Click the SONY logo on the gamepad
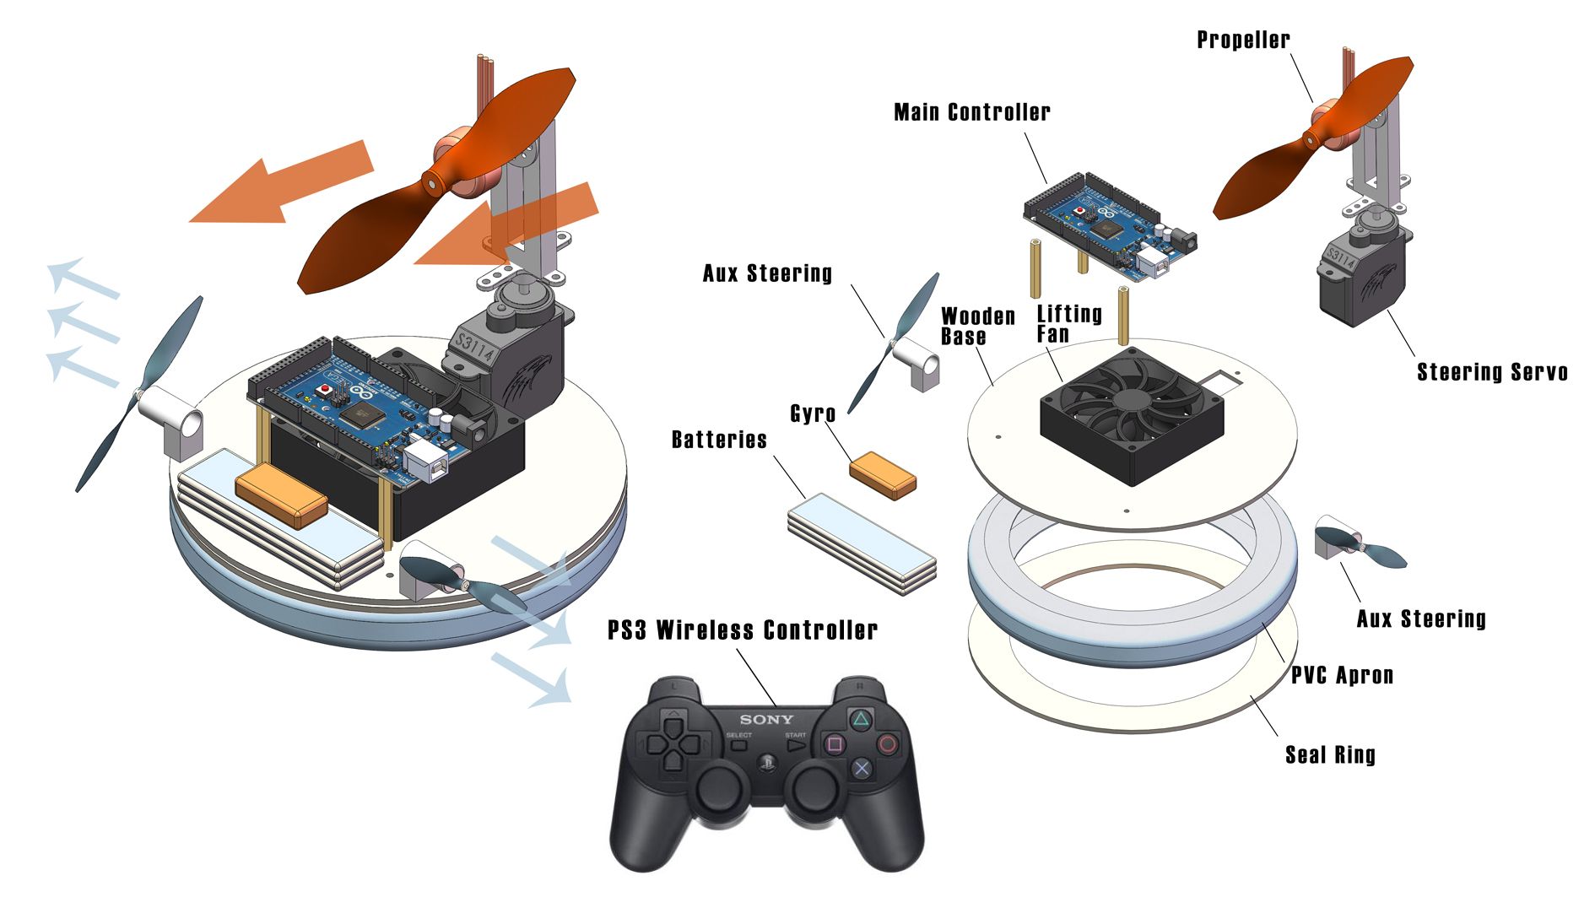766,720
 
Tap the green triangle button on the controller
860,719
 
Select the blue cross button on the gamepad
861,767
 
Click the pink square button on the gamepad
835,744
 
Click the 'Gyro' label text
813,413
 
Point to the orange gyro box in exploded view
883,474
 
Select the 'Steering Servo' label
1491,372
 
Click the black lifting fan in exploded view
1131,415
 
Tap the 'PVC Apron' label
1342,675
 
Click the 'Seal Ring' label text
1330,754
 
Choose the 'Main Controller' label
971,112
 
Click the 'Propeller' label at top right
1243,40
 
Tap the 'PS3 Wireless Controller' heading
743,630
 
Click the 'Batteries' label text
719,440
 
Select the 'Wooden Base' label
977,327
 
